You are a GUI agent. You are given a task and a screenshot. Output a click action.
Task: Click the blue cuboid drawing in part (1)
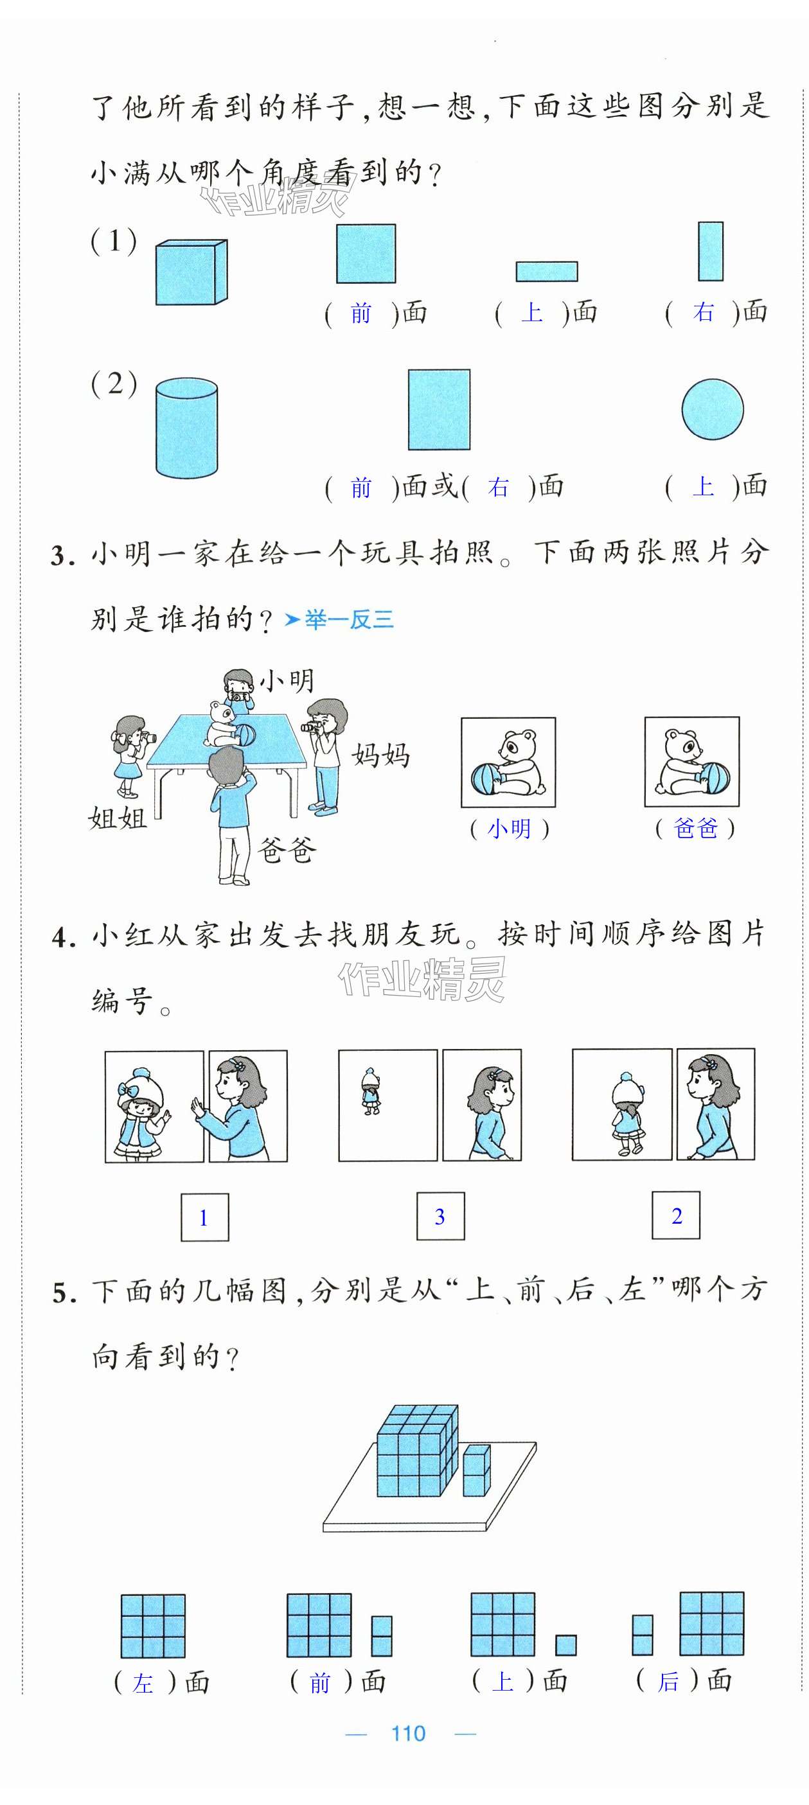point(191,272)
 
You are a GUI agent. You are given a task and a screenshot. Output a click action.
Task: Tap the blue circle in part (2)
point(712,409)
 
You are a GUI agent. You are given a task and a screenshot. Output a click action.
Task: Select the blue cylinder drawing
point(186,428)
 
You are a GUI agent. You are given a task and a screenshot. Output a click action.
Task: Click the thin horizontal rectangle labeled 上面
point(547,271)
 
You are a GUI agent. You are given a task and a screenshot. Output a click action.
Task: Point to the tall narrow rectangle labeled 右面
point(710,251)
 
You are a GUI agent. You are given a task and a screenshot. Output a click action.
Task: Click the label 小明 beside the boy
point(287,680)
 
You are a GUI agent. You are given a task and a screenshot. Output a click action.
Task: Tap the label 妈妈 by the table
point(380,755)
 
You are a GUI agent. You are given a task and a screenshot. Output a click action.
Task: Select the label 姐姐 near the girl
point(117,817)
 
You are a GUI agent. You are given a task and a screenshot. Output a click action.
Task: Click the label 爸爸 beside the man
point(287,850)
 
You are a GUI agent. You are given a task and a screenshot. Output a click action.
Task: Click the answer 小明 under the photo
point(510,828)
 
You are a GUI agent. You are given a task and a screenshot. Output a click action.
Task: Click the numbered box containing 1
point(205,1217)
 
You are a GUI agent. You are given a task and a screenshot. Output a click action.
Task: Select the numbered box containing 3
point(440,1216)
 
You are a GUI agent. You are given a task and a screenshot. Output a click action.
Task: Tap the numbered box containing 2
point(676,1215)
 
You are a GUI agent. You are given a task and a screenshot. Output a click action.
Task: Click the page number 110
point(408,1733)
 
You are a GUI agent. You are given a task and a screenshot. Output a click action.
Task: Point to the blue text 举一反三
point(348,619)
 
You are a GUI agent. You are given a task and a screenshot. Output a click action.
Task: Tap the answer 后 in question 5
point(668,1680)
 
